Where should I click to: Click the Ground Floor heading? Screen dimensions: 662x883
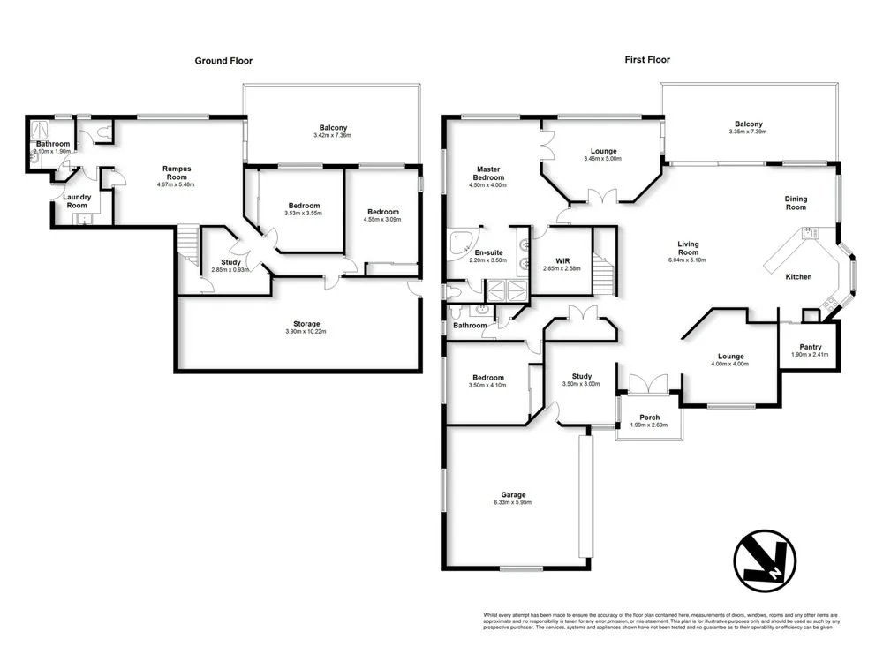click(x=223, y=61)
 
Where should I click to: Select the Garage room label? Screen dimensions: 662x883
click(x=513, y=495)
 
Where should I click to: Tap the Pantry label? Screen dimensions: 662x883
click(x=811, y=347)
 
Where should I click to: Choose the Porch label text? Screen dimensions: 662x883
click(x=649, y=418)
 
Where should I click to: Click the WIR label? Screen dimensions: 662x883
click(x=562, y=260)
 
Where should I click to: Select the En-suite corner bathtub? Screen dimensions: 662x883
click(x=459, y=246)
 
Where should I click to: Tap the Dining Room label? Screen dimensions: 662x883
click(x=796, y=203)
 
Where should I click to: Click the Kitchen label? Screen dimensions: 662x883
click(x=798, y=277)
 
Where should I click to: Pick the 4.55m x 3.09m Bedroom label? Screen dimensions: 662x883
click(x=383, y=219)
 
